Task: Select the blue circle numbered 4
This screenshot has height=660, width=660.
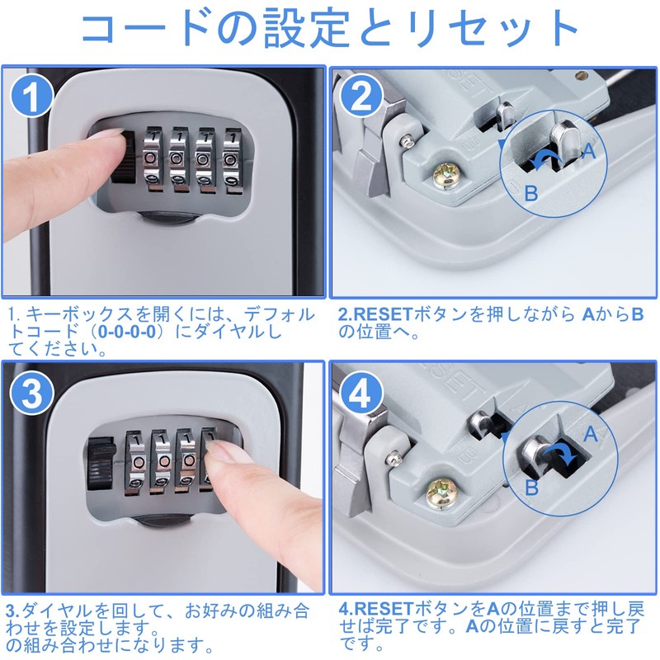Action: [x=365, y=393]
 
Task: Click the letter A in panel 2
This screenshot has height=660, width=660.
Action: [x=589, y=149]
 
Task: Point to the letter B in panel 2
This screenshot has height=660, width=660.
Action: [x=530, y=193]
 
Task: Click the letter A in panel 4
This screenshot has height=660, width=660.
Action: [x=589, y=432]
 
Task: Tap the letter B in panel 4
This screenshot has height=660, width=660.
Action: [x=531, y=487]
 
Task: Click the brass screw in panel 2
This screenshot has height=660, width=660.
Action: [x=446, y=174]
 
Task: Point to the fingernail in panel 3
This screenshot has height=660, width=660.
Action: [x=221, y=450]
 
